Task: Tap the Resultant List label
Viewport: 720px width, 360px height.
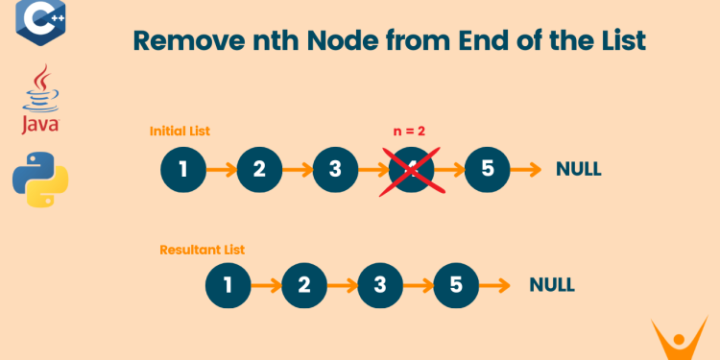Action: coord(202,250)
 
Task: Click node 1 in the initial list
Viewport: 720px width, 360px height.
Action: coord(182,170)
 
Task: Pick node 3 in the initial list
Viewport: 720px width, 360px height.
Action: coord(335,170)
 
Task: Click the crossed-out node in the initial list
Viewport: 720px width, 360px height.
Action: coord(411,170)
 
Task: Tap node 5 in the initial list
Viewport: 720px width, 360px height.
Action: coord(487,170)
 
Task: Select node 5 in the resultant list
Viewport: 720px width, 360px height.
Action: coord(456,285)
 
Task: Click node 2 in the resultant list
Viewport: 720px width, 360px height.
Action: coord(304,285)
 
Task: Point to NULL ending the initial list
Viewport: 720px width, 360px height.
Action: coord(579,170)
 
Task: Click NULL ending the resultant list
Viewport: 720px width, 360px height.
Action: coord(552,285)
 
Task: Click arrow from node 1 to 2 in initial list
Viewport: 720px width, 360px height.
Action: coord(221,170)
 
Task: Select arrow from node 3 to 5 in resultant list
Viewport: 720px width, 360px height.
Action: coord(418,285)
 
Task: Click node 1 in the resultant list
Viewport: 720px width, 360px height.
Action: coord(228,285)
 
